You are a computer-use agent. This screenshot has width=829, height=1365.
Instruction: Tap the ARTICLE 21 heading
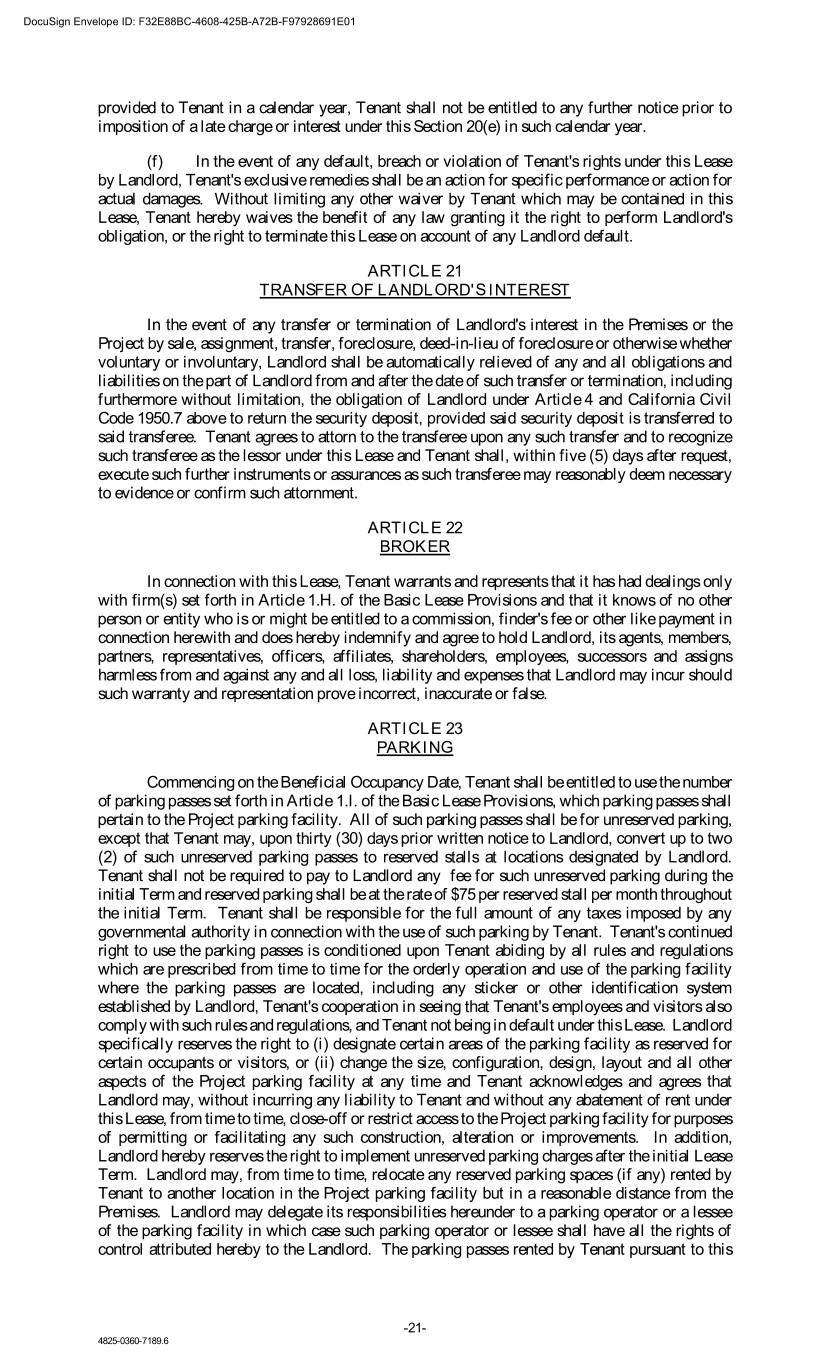tap(414, 270)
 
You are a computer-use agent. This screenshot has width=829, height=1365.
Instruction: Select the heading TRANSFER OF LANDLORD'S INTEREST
tap(414, 290)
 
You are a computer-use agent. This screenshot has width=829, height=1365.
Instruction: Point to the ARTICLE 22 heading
tap(414, 527)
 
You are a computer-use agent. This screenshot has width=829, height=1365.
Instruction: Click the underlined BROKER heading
tap(414, 547)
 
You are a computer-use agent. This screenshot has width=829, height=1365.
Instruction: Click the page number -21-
tap(415, 1328)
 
